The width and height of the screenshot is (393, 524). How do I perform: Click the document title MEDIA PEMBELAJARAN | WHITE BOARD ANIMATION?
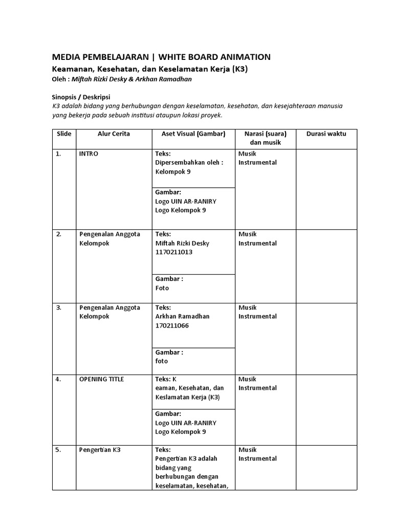pos(161,57)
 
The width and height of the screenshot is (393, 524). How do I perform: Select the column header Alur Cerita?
pos(114,134)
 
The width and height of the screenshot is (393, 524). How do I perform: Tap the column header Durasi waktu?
pos(326,134)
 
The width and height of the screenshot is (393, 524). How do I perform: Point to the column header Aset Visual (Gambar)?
pos(192,134)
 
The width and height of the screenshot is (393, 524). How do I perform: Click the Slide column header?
pos(64,134)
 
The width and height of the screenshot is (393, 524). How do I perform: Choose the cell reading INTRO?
pos(89,154)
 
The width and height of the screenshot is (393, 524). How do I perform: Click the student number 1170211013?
pos(174,252)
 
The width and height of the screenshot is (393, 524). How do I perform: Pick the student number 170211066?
pos(172,325)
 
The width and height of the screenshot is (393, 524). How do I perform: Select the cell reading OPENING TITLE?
pos(101,379)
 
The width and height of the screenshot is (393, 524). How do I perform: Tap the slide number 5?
pos(58,450)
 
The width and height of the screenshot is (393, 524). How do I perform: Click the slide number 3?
pos(58,308)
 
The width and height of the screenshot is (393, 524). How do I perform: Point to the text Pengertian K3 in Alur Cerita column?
pos(99,450)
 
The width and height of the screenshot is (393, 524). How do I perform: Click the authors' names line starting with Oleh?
pos(122,79)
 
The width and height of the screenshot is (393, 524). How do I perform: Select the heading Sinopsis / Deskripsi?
pos(81,97)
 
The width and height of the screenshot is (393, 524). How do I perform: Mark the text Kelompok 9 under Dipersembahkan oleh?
pos(173,171)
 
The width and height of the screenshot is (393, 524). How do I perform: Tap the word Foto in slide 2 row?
pos(162,288)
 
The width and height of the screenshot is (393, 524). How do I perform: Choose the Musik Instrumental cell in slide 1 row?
pos(257,158)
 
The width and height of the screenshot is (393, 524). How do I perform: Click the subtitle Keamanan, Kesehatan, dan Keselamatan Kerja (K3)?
pos(150,69)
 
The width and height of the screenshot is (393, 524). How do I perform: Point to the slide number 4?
pos(58,379)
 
